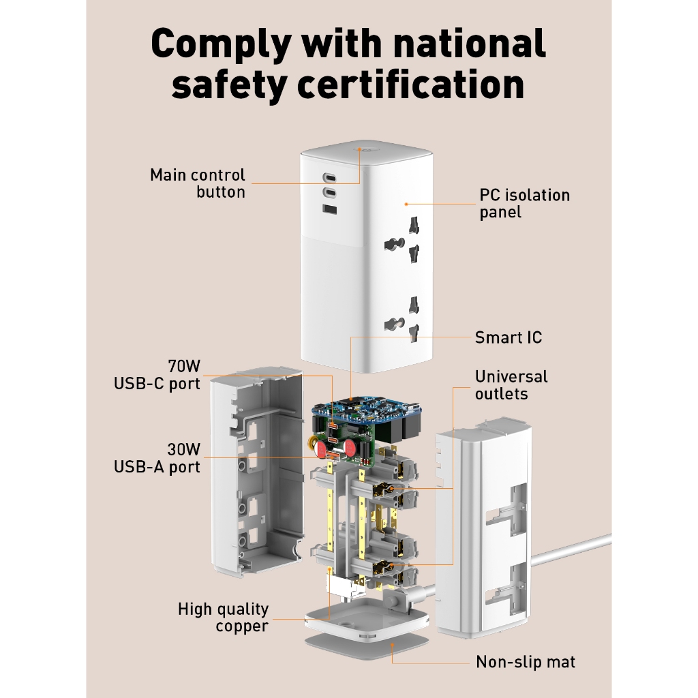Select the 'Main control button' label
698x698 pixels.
pyautogui.click(x=198, y=183)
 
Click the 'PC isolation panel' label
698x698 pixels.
pyautogui.click(x=524, y=203)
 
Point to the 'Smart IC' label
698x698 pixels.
pyautogui.click(x=509, y=337)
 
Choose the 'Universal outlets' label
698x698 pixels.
pyautogui.click(x=511, y=385)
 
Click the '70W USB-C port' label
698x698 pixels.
pyautogui.click(x=157, y=375)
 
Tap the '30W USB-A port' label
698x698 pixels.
pyautogui.click(x=157, y=458)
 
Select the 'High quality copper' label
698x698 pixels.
pyautogui.click(x=223, y=618)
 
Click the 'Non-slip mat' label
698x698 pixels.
pyautogui.click(x=526, y=662)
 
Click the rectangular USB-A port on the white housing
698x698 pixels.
pyautogui.click(x=329, y=209)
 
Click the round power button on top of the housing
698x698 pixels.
pyautogui.click(x=359, y=149)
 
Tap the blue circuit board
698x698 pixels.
pyautogui.click(x=366, y=410)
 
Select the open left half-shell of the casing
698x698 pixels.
pyautogui.click(x=257, y=472)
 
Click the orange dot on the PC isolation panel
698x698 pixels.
pyautogui.click(x=406, y=204)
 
